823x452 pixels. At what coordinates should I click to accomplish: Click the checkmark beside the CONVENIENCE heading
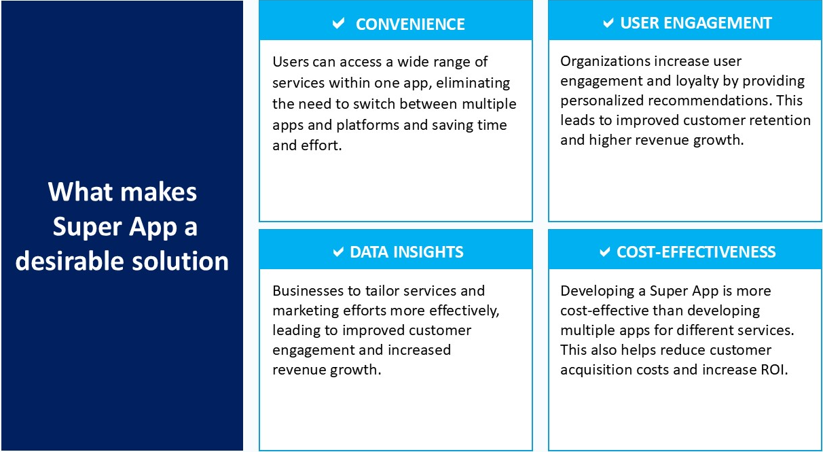pyautogui.click(x=338, y=23)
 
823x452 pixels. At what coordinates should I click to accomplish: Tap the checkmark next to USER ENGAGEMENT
pyautogui.click(x=608, y=23)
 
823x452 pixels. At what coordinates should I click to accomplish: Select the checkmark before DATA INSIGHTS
pyautogui.click(x=338, y=252)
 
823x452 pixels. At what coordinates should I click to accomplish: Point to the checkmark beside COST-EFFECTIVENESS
pyautogui.click(x=605, y=252)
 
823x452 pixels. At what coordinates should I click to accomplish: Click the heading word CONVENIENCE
pyautogui.click(x=410, y=24)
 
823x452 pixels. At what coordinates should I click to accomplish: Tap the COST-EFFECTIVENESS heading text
pyautogui.click(x=696, y=252)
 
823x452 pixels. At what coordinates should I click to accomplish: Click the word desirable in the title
pyautogui.click(x=70, y=260)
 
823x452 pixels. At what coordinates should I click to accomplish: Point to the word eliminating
pyautogui.click(x=473, y=83)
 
